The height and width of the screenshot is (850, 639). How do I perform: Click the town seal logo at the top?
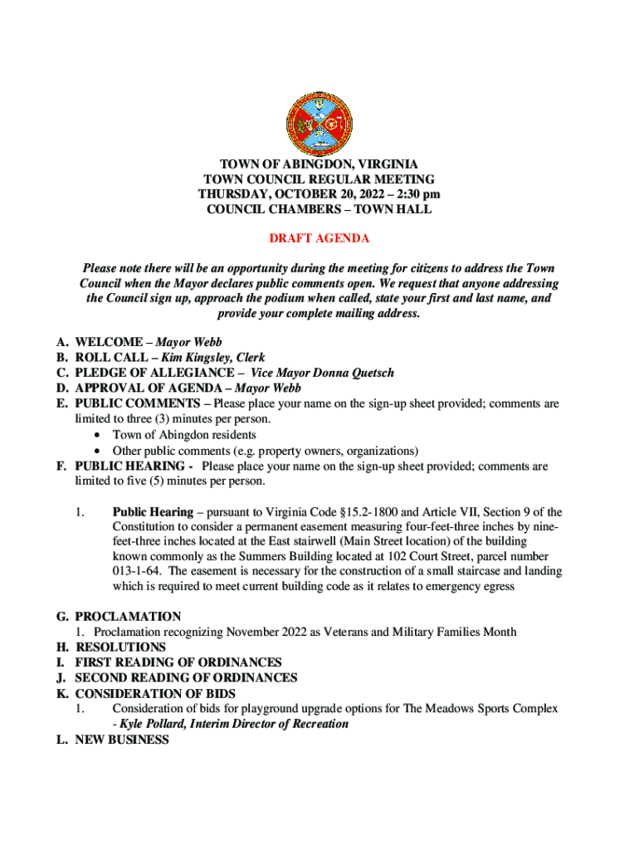click(x=319, y=122)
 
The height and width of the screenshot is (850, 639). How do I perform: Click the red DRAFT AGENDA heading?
click(x=319, y=238)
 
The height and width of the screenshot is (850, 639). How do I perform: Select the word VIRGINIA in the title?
click(x=383, y=164)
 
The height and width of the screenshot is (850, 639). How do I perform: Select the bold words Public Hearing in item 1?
click(x=153, y=512)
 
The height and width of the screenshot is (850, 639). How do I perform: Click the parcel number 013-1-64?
click(x=137, y=571)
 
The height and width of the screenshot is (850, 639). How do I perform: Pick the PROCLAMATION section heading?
click(x=128, y=617)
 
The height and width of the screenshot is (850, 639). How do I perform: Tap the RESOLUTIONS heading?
click(x=121, y=647)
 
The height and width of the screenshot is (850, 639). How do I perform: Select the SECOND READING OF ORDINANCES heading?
click(x=186, y=677)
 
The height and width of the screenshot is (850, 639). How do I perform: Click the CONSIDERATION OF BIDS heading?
click(x=155, y=693)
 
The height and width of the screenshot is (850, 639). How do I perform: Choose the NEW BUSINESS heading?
click(x=122, y=739)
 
